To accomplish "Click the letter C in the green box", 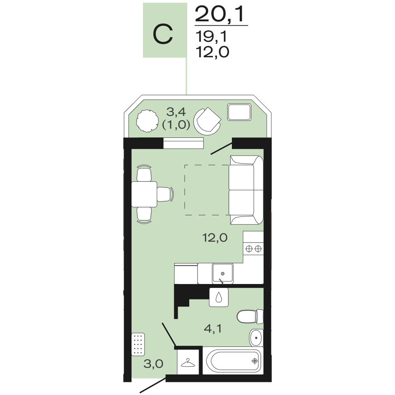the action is click(163, 34).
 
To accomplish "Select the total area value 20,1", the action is click(220, 15).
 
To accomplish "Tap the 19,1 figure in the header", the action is click(211, 36).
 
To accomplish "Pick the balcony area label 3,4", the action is click(176, 112).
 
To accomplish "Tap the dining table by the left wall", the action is click(144, 194).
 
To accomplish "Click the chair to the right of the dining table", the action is click(166, 194).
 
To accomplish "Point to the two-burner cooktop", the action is click(254, 249).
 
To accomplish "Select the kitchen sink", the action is click(222, 274).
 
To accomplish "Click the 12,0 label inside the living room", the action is click(215, 238).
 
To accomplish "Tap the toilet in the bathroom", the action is click(250, 316).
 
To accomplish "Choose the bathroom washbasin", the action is click(256, 338).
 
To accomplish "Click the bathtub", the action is click(233, 361).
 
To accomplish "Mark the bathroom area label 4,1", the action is click(213, 329).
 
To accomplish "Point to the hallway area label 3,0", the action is click(153, 364).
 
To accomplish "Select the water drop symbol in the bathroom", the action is click(219, 297).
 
